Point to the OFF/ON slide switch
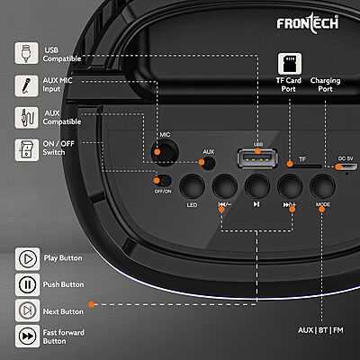click(163, 178)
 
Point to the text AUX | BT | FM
click(321, 329)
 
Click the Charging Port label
click(325, 86)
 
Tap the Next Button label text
click(66, 310)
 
